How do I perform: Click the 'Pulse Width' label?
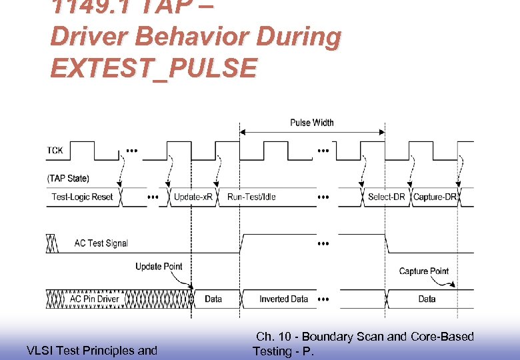[x=312, y=123]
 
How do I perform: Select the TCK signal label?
[x=55, y=151]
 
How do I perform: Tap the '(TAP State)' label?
[x=68, y=178]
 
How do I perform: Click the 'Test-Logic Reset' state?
[x=82, y=197]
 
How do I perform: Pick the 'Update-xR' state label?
[x=193, y=197]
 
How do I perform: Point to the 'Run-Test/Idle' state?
[x=251, y=197]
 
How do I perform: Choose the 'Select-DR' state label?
[x=386, y=197]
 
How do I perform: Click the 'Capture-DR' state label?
[x=435, y=197]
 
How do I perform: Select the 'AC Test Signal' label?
[x=101, y=243]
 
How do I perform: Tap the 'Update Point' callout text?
[x=159, y=267]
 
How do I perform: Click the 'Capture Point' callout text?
[x=423, y=271]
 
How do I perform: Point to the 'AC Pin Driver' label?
[x=95, y=299]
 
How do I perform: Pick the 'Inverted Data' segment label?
[x=283, y=299]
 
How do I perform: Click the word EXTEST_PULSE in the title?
[x=153, y=67]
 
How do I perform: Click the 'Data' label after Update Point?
[x=213, y=299]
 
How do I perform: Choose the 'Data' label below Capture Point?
[x=427, y=299]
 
